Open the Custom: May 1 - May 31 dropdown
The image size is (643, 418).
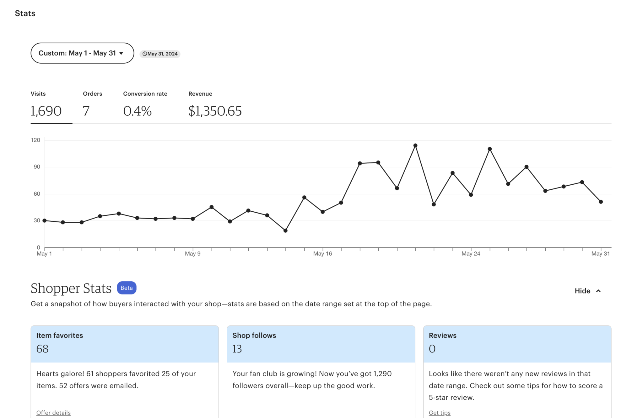pos(82,53)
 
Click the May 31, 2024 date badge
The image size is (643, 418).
pos(160,54)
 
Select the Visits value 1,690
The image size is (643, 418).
pos(46,111)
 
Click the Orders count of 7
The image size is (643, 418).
pos(86,111)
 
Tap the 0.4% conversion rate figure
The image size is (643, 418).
pos(137,111)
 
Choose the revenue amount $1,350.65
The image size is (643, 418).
pos(215,111)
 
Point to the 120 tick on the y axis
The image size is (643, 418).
pos(35,140)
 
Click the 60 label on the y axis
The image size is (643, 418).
pos(37,194)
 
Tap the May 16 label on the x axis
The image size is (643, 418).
pos(322,254)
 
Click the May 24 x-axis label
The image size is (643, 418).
pos(471,254)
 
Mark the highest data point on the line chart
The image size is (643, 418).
pos(415,146)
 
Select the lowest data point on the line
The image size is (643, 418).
pos(285,231)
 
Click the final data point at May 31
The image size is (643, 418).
pos(601,202)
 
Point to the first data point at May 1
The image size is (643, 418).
pos(45,221)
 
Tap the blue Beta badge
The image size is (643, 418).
pos(127,288)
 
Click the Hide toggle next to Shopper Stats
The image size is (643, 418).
pos(587,291)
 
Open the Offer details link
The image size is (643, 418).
pos(53,413)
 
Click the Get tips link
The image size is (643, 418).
pos(440,413)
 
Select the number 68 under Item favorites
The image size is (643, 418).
pos(42,349)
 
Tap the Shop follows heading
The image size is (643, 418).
pos(254,336)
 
